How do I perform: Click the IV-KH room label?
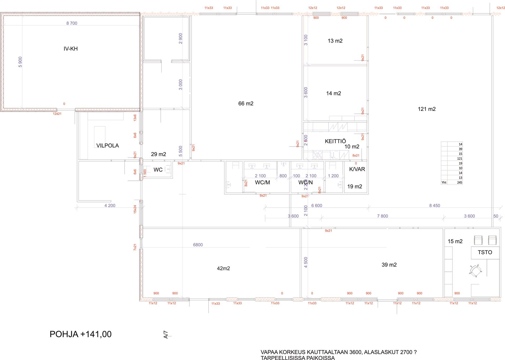[70, 49]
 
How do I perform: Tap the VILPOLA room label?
[107, 146]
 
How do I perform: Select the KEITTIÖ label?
[335, 141]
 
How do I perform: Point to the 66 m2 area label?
[246, 104]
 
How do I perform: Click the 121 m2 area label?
[427, 109]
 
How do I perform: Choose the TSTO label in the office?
[485, 252]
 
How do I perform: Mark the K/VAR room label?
[357, 169]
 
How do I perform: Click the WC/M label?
[262, 182]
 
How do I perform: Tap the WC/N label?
[305, 182]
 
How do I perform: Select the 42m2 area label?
[223, 268]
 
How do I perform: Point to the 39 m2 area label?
[389, 265]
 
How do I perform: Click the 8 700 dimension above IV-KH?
[72, 23]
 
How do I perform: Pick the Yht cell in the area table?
[444, 182]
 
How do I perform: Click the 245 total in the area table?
[459, 182]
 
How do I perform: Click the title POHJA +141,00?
[80, 334]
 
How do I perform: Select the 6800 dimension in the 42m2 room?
[198, 245]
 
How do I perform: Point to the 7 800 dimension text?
[382, 216]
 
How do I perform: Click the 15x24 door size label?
[135, 209]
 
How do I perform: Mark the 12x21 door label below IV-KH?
[57, 114]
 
